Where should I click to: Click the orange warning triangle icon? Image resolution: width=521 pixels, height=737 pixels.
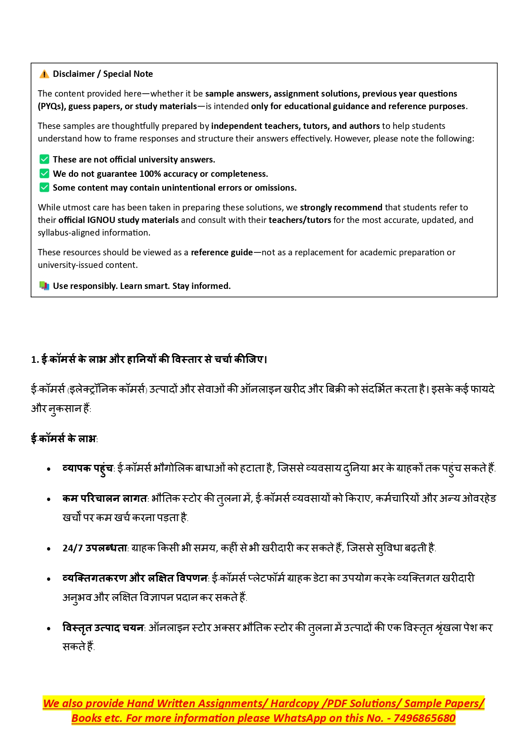44,74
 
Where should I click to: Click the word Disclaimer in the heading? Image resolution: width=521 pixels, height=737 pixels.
74,74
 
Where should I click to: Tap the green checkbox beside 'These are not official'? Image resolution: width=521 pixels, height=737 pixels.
44,159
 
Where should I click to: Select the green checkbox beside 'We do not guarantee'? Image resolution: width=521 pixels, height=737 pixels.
44,173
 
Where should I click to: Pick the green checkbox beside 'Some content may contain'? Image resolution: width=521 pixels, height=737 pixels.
44,187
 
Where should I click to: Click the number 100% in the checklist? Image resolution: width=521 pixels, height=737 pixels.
150,174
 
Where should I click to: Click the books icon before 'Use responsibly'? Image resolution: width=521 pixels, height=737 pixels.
44,286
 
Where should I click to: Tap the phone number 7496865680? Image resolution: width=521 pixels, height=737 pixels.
424,719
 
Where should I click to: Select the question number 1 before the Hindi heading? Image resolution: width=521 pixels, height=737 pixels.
34,360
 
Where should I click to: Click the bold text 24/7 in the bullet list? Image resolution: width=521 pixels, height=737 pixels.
73,548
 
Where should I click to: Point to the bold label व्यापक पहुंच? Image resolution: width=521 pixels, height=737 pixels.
87,468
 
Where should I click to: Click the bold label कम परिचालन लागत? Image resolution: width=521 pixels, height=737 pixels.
105,498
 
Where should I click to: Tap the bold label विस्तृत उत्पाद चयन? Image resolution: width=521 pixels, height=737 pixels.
103,628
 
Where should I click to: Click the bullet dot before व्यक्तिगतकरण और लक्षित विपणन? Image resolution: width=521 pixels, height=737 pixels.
49,579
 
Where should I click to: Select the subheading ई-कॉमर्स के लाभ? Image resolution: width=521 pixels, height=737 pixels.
63,439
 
